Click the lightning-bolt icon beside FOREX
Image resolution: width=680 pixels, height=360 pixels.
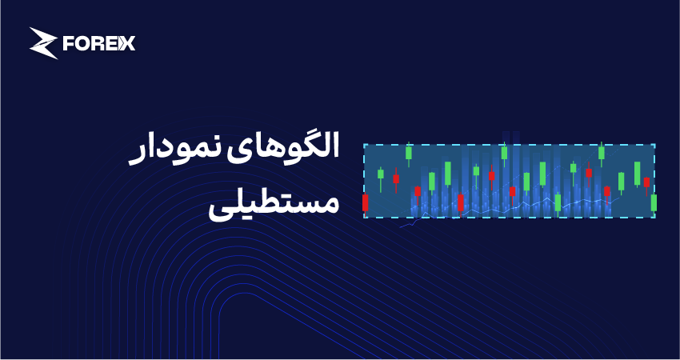tap(43, 43)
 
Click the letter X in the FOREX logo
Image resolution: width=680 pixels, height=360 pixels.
tap(127, 43)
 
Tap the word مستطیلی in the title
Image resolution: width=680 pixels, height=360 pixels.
tap(274, 203)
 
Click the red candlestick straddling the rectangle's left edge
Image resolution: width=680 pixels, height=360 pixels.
tap(365, 203)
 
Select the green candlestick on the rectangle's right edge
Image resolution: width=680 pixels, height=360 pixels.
tap(654, 203)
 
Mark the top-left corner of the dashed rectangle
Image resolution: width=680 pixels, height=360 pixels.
tap(364, 145)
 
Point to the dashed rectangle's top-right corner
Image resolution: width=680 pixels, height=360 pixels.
tap(655, 145)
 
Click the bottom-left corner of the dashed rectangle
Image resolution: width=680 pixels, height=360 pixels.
tap(364, 218)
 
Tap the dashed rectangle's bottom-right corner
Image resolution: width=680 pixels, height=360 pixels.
tap(655, 218)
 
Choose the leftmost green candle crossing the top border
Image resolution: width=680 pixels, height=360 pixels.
tap(409, 153)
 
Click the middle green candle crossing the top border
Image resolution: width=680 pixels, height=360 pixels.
tap(504, 153)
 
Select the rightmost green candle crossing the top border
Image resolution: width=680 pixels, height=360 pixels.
tap(602, 153)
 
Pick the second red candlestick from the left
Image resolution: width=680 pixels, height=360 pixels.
tap(396, 178)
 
